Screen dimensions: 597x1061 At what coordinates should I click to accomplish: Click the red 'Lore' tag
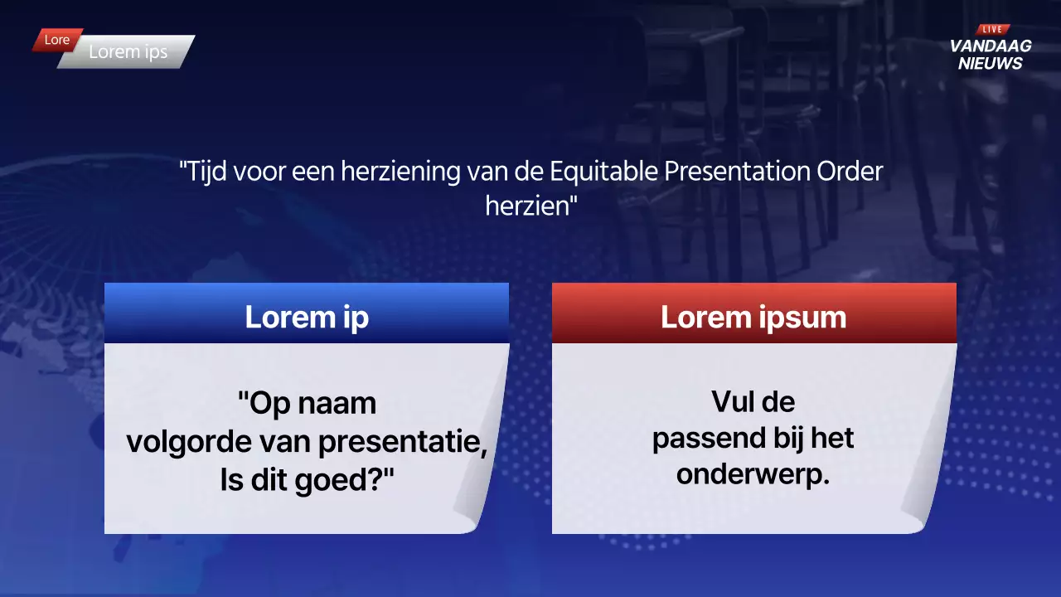57,40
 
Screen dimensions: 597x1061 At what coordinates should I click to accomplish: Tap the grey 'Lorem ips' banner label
128,51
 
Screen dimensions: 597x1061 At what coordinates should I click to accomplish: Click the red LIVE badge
991,29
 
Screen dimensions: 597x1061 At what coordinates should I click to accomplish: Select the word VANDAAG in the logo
991,46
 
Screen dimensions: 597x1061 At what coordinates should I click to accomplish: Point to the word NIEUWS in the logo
991,64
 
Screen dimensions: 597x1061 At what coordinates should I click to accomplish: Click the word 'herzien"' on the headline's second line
530,206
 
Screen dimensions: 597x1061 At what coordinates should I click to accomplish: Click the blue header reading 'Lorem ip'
307,317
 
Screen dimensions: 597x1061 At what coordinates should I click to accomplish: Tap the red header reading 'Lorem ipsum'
753,317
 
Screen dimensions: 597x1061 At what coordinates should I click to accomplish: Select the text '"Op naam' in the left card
307,404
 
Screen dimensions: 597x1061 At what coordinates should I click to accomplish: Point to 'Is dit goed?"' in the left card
307,480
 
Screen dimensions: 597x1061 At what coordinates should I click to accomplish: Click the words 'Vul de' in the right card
753,402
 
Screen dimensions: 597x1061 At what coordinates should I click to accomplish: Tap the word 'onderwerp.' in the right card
753,475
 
